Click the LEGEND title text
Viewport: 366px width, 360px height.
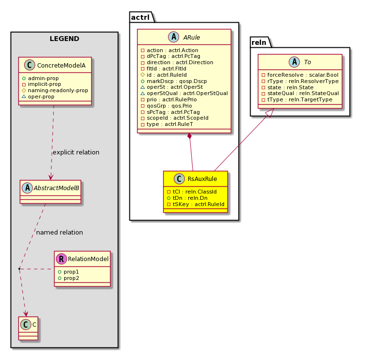(64, 39)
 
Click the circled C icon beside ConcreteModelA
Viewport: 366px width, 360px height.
(29, 65)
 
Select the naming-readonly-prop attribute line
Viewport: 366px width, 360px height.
(55, 91)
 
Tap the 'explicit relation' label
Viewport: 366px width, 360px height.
(76, 152)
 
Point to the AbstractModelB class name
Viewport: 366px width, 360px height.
(56, 188)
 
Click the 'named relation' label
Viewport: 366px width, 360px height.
(59, 233)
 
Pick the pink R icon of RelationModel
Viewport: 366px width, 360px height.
(61, 259)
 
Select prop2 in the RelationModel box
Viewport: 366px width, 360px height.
(69, 278)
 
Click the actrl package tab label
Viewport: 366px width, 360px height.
(141, 17)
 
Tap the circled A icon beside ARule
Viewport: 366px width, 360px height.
(173, 37)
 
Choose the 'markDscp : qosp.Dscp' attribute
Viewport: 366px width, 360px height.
(174, 81)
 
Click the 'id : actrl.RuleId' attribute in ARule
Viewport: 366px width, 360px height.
(164, 75)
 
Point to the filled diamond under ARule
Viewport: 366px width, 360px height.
(190, 136)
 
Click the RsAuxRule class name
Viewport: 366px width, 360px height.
(202, 179)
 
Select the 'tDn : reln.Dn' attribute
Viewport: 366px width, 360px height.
(187, 198)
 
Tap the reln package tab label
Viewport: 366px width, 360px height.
(259, 42)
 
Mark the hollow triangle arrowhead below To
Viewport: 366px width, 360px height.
(270, 113)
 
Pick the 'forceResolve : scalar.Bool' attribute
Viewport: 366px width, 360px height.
(300, 75)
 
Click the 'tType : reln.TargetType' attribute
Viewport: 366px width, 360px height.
(297, 99)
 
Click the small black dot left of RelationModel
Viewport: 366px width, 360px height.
(19, 269)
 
